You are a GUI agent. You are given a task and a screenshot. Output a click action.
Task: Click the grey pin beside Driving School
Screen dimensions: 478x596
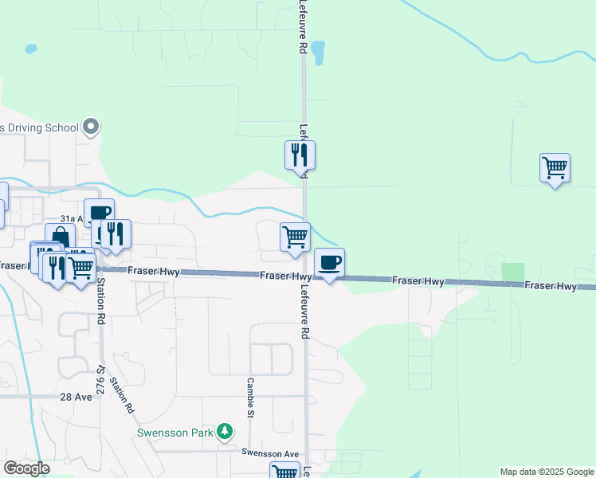[91, 127]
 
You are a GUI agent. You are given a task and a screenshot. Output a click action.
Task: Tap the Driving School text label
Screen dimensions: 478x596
[39, 127]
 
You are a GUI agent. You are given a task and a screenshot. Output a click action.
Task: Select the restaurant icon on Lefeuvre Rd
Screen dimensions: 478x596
[300, 154]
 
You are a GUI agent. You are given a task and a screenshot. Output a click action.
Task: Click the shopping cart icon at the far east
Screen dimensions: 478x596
[555, 168]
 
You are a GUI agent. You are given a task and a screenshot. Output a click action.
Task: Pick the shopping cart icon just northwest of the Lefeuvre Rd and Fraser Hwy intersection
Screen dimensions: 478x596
[295, 237]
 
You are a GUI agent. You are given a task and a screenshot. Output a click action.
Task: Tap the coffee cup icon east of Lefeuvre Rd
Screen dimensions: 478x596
[330, 262]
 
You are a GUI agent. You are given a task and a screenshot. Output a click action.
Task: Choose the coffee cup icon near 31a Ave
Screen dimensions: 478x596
[100, 212]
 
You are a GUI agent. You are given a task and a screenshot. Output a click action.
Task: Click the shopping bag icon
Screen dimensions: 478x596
[61, 237]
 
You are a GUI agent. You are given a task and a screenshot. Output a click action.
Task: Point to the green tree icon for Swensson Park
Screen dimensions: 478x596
[225, 432]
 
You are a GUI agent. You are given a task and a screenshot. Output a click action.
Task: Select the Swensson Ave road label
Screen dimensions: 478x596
[270, 452]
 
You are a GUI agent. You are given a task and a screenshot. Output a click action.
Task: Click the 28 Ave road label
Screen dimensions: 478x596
[76, 397]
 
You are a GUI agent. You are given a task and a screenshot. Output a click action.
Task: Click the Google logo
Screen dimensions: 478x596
[26, 468]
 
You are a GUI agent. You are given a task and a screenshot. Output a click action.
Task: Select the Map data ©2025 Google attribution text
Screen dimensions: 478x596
[546, 472]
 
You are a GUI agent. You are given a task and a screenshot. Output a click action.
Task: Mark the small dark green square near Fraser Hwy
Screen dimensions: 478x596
[513, 272]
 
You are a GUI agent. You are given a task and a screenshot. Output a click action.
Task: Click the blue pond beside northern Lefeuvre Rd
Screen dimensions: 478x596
[318, 53]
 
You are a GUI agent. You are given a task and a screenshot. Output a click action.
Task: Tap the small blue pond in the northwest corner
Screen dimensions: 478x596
[31, 49]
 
